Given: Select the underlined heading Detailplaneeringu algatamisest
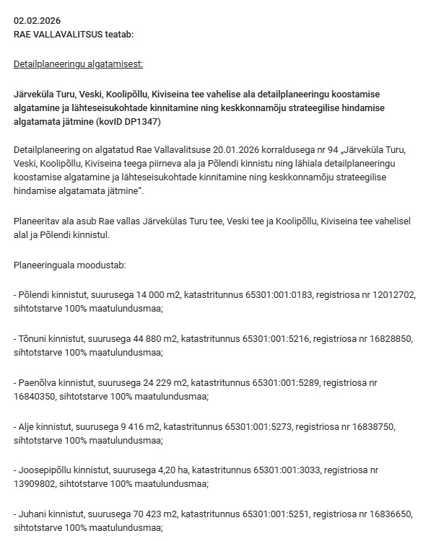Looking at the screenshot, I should click(x=78, y=64).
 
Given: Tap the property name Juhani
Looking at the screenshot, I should click(x=33, y=514).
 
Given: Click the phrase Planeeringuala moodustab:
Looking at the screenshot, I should click(x=70, y=265).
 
